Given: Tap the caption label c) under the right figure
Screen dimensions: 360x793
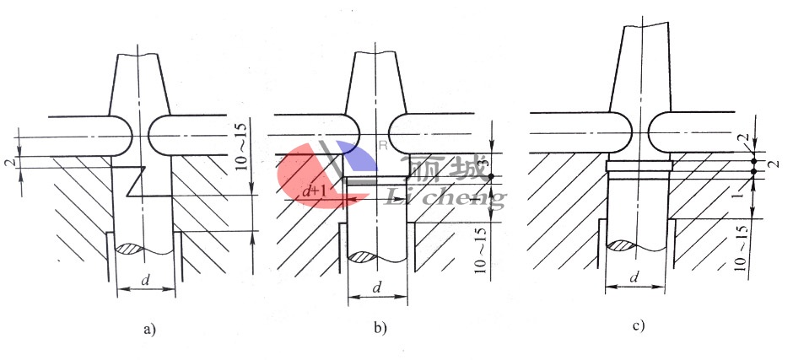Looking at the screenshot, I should (641, 325).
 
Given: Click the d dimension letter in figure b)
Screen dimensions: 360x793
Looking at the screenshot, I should (376, 287).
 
